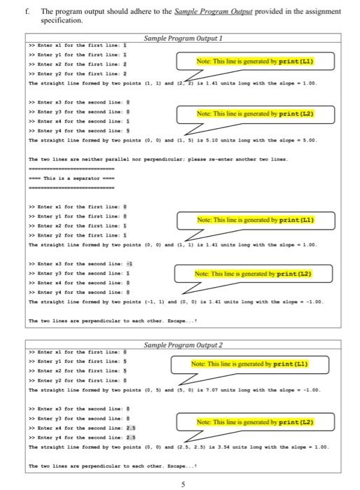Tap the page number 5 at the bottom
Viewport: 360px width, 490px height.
tap(180, 483)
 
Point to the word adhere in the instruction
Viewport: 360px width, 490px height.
tap(122, 12)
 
